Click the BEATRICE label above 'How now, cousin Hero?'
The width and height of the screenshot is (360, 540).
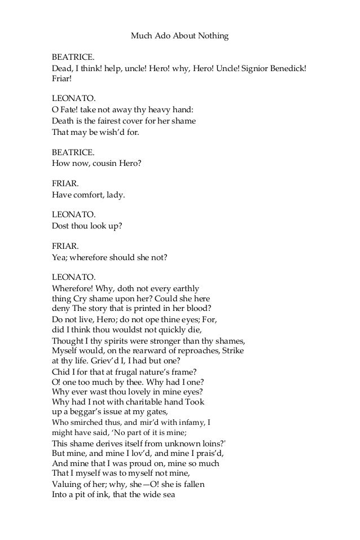73,152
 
